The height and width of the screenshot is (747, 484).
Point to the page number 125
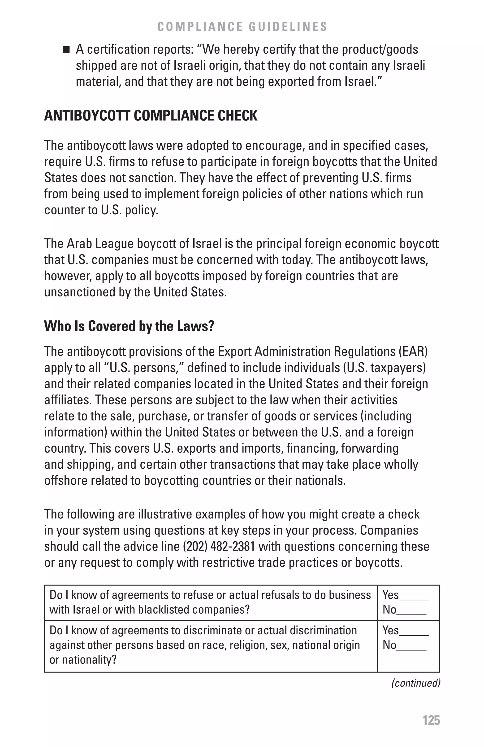pos(431,720)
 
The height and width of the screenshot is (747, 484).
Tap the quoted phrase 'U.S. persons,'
pos(145,368)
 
